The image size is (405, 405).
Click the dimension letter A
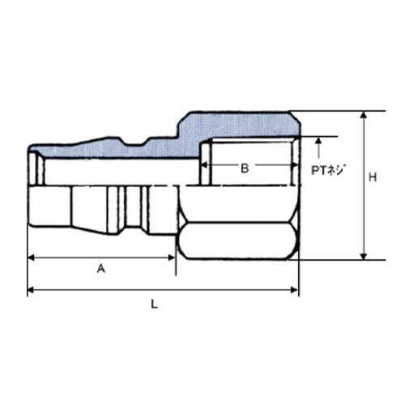tap(101, 269)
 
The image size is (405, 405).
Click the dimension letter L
tap(154, 305)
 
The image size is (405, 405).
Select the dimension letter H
tap(373, 177)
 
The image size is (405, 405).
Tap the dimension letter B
tap(245, 168)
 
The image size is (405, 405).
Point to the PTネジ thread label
tap(329, 170)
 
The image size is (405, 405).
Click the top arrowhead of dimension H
tap(364, 115)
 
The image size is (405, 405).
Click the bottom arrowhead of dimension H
tap(364, 256)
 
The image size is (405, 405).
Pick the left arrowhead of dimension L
tap(31, 290)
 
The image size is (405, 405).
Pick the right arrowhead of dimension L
tap(294, 290)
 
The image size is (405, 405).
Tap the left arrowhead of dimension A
tap(31, 258)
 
